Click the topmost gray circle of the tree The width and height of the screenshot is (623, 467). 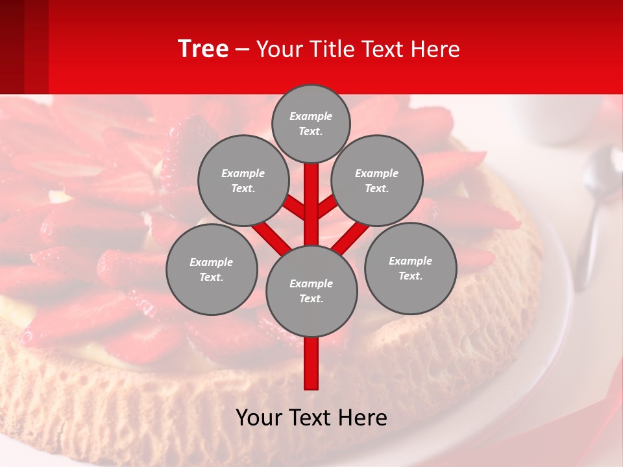pyautogui.click(x=311, y=123)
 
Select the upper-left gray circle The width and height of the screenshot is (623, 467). pyautogui.click(x=243, y=180)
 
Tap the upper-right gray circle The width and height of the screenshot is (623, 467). pyautogui.click(x=377, y=180)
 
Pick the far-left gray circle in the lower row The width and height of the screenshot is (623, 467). pyautogui.click(x=212, y=269)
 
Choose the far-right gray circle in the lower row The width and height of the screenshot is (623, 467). pyautogui.click(x=411, y=268)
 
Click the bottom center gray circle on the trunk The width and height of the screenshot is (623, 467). pyautogui.click(x=311, y=291)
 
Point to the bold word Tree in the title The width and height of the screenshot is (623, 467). pyautogui.click(x=203, y=49)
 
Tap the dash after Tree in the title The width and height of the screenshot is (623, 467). pyautogui.click(x=242, y=50)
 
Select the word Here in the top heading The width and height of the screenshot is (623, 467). pyautogui.click(x=435, y=49)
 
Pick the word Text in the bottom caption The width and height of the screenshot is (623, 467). pyautogui.click(x=310, y=418)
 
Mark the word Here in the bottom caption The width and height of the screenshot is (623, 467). pyautogui.click(x=362, y=418)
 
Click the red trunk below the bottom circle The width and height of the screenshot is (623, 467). pyautogui.click(x=311, y=363)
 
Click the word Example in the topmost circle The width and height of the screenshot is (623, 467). pyautogui.click(x=311, y=116)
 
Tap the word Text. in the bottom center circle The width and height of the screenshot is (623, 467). pyautogui.click(x=311, y=299)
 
